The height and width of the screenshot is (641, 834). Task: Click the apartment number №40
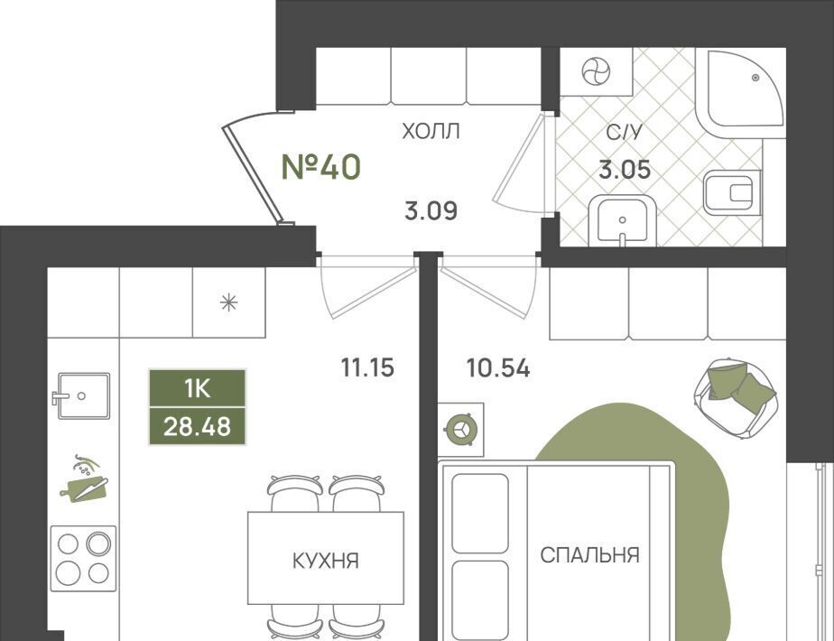(320, 166)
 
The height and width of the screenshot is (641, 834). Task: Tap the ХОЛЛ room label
(431, 131)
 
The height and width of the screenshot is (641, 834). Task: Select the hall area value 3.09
(431, 210)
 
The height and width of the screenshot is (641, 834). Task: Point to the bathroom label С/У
(625, 132)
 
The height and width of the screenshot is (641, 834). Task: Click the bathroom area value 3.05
(625, 170)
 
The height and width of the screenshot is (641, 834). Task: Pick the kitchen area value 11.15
(367, 367)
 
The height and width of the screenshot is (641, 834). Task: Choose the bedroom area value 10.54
(498, 368)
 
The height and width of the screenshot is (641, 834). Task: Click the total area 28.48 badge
(198, 426)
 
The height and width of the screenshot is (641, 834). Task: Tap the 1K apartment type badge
(198, 389)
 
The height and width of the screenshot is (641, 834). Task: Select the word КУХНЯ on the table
(326, 561)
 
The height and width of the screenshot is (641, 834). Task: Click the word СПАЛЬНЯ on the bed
(589, 555)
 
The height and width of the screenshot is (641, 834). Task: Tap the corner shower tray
(740, 89)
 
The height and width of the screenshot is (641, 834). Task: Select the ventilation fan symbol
(596, 72)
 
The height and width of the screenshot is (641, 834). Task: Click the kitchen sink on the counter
(81, 395)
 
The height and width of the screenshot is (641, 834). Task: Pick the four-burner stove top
(84, 559)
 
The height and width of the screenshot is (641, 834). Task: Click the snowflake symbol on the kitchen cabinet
(228, 302)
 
